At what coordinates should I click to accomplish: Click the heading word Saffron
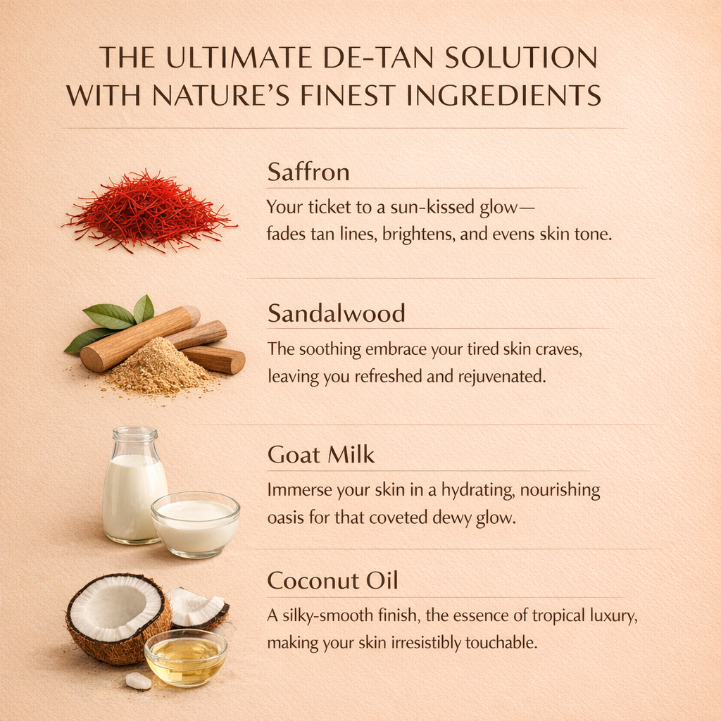[308, 172]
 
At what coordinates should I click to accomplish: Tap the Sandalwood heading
[336, 313]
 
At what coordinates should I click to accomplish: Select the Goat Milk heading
[321, 455]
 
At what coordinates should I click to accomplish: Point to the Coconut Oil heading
[332, 580]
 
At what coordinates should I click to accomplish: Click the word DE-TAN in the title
[378, 58]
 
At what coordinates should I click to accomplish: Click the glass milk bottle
[132, 484]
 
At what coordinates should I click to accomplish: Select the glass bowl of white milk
[196, 525]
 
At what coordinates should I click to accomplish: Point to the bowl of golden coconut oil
[186, 658]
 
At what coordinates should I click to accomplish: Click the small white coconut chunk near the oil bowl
[138, 681]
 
